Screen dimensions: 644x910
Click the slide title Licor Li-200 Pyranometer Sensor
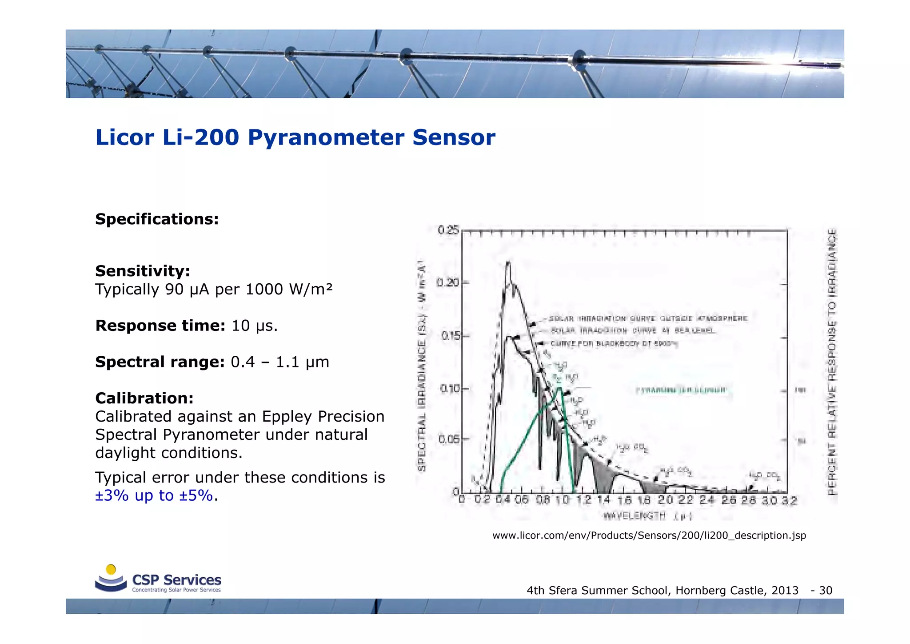pos(295,137)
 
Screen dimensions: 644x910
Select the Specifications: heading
pos(157,219)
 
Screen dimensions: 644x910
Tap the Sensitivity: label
pos(143,271)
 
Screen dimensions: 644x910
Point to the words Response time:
pos(160,326)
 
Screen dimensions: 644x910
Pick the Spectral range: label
pos(160,362)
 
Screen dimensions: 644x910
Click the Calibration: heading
pos(144,398)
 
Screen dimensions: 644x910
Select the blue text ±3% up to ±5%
pos(154,495)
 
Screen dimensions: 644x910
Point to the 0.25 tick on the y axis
pos(448,230)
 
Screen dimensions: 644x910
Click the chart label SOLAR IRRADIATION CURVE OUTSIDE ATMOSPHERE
pos(648,318)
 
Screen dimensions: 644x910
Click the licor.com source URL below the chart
pos(649,535)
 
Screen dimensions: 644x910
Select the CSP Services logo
pos(158,580)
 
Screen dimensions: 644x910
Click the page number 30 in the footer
pos(826,591)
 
